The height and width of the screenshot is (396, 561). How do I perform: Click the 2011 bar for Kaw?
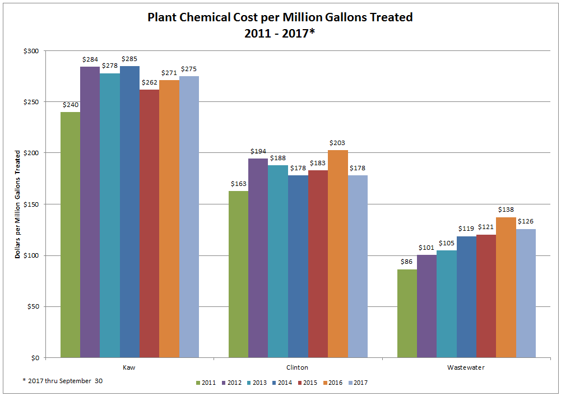point(70,235)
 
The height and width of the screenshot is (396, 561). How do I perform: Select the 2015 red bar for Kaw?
point(149,224)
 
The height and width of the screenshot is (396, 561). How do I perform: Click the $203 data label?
point(338,143)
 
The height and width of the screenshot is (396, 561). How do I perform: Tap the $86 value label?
point(407,262)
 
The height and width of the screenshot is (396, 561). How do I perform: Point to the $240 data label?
point(70,104)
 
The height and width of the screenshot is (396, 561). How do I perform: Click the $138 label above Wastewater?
point(506,209)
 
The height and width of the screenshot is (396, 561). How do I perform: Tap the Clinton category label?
point(298,368)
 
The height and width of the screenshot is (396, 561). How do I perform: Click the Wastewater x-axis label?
point(466,368)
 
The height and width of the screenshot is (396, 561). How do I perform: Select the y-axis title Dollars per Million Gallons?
point(18,204)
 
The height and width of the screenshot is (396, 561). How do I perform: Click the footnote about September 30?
point(63,380)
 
